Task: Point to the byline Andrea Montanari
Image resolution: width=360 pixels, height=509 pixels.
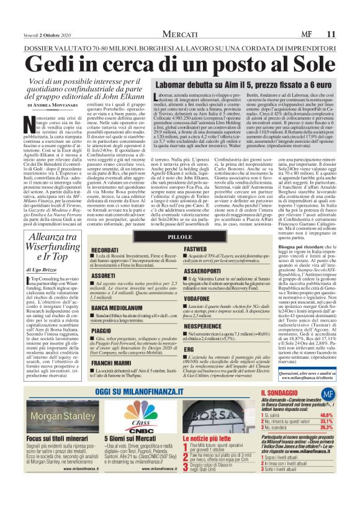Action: click(63, 106)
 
